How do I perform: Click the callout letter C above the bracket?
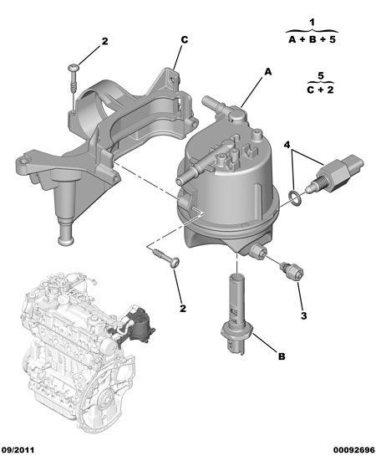[x=185, y=40]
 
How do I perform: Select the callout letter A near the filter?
[x=267, y=72]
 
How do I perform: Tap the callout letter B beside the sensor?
[x=282, y=356]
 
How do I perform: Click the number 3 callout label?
[x=303, y=315]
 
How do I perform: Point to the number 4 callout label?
[x=287, y=145]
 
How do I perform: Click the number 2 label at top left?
[x=104, y=41]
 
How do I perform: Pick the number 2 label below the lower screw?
[x=183, y=308]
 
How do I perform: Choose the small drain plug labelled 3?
[x=292, y=271]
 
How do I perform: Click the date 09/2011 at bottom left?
[x=18, y=450]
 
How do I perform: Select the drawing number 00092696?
[x=354, y=450]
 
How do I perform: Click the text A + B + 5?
[x=312, y=40]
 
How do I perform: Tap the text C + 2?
[x=321, y=90]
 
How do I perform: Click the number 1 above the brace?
[x=312, y=23]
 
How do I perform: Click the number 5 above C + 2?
[x=321, y=76]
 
